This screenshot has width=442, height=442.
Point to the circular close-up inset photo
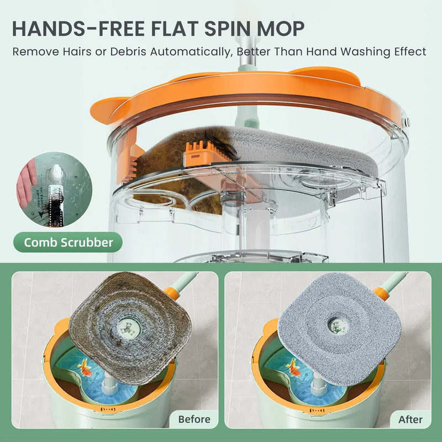pyautogui.click(x=54, y=188)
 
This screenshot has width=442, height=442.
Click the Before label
pyautogui.click(x=194, y=419)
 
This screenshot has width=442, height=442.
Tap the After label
pyautogui.click(x=410, y=419)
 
